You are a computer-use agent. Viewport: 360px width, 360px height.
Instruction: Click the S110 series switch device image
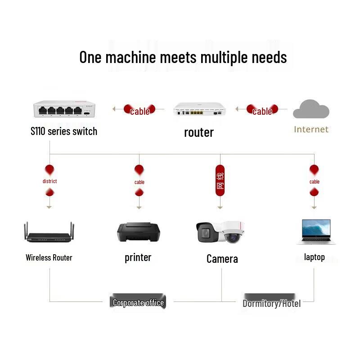[64, 109]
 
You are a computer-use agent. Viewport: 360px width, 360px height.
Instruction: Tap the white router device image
[199, 108]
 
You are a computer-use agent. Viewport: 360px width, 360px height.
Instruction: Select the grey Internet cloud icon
[311, 109]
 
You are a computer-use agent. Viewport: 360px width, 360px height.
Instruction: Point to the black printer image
[139, 232]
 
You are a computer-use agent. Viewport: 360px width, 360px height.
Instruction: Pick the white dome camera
[233, 232]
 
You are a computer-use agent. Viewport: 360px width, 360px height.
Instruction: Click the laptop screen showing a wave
[316, 227]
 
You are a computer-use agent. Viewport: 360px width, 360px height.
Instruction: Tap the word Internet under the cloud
[311, 130]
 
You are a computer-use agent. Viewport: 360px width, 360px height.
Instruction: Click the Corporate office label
[138, 303]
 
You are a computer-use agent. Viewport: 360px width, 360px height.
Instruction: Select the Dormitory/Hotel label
[272, 303]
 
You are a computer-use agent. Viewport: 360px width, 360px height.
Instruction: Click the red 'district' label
[49, 181]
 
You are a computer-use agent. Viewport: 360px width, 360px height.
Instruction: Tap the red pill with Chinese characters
[220, 180]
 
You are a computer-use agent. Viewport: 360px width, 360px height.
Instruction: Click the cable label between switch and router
[140, 112]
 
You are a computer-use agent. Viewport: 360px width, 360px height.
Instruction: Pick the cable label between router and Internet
[262, 112]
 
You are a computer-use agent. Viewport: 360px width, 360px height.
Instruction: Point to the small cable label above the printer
[139, 182]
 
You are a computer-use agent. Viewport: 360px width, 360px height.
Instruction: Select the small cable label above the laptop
[314, 182]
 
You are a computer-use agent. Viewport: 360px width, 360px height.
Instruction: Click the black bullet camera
[208, 232]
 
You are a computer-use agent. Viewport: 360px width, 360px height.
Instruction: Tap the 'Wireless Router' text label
[49, 257]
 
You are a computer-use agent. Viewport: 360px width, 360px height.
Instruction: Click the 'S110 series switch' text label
[64, 131]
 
